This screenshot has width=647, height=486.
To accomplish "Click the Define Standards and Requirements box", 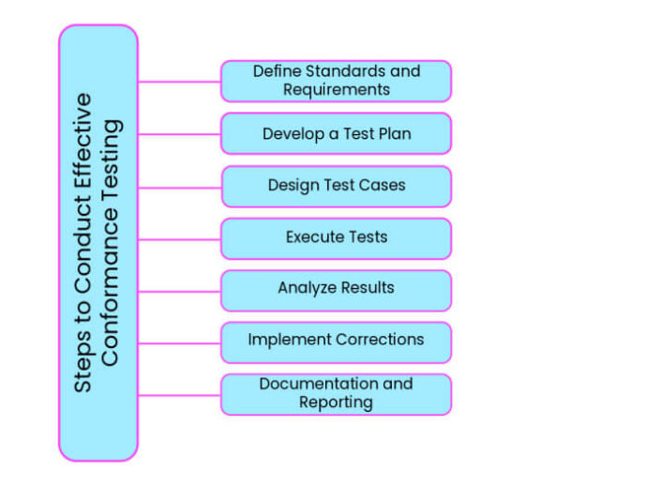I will click(336, 81).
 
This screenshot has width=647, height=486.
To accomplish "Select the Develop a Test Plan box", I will click(336, 133).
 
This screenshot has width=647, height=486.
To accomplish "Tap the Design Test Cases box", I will click(336, 186).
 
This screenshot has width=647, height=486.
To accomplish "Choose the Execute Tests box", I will click(336, 238).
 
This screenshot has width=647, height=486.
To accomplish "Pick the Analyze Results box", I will click(336, 290).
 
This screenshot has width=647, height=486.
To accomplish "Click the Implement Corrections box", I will click(336, 342).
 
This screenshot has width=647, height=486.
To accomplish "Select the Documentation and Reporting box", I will click(336, 394).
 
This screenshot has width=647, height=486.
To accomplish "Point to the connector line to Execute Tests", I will click(179, 239).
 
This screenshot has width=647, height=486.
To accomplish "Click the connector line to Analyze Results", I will click(179, 291).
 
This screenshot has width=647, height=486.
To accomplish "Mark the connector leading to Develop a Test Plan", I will click(179, 134).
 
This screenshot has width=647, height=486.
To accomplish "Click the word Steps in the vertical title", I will click(83, 367).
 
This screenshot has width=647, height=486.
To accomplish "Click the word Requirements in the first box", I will click(336, 90).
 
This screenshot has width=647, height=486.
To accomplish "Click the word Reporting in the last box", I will click(336, 402).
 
